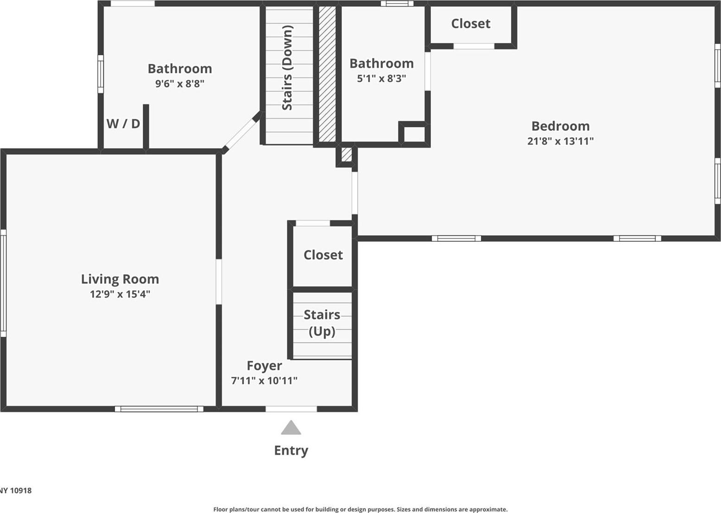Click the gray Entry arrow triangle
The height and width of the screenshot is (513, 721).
(291, 428)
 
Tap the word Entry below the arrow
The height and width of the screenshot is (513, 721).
(291, 450)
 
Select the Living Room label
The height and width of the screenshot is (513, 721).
(120, 279)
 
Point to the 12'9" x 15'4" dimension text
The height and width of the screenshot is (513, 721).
(120, 294)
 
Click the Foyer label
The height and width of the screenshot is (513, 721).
(264, 366)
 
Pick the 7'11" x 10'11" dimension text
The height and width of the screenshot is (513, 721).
(264, 381)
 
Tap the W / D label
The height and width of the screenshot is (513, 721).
(123, 124)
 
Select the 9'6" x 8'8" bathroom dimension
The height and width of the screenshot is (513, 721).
(180, 84)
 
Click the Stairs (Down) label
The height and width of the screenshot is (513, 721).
(287, 68)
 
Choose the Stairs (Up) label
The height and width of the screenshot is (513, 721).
(322, 323)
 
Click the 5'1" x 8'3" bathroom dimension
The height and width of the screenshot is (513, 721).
(381, 79)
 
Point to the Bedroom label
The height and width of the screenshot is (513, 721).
(560, 126)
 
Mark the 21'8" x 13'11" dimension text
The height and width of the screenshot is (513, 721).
(560, 141)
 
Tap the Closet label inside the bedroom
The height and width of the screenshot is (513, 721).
(471, 24)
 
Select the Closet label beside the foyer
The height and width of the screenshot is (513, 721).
(323, 255)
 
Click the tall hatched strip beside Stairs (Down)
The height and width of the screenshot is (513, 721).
(327, 74)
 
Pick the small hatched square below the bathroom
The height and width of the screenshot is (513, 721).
(346, 154)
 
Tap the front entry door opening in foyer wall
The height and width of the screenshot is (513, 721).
(291, 409)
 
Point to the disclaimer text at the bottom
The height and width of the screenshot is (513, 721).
(360, 509)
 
